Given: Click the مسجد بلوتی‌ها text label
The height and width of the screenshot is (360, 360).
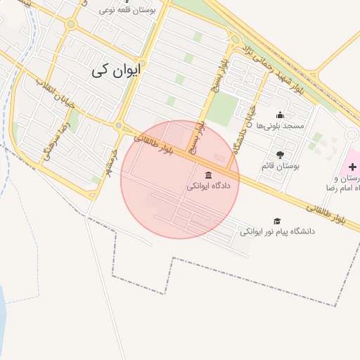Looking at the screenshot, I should [x=280, y=126].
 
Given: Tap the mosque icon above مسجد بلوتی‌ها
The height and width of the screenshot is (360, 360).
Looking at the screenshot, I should [x=280, y=115].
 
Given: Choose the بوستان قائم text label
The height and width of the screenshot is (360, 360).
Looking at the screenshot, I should [x=281, y=166].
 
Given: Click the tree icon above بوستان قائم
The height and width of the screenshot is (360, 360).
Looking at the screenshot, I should [x=280, y=155].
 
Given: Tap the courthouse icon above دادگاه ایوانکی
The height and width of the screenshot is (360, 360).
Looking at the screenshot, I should [x=208, y=175].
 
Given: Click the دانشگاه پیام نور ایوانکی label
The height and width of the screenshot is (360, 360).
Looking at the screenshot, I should [x=278, y=231].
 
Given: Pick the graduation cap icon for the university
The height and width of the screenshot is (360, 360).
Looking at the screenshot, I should [x=277, y=221].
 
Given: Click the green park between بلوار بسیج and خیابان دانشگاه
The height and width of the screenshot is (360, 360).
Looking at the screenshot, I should [x=224, y=108].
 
